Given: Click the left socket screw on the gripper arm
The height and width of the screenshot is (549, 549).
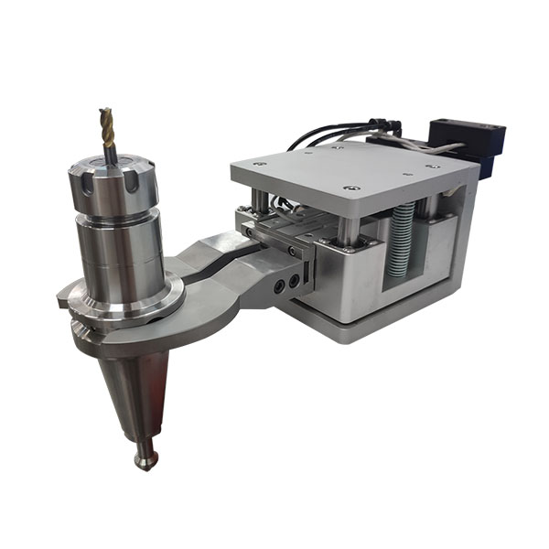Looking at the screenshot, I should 277,285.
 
